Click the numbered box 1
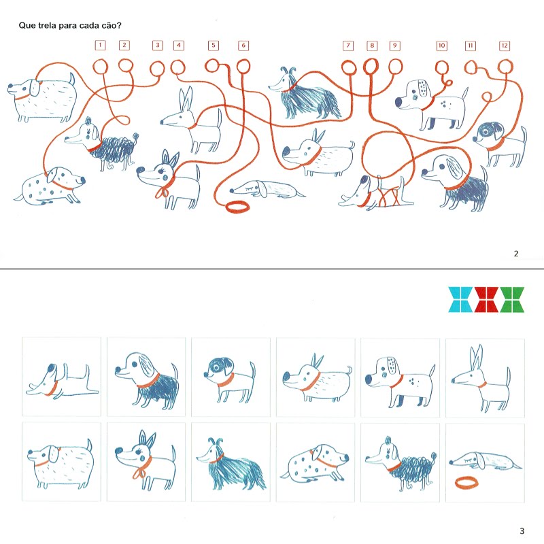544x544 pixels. click(100, 45)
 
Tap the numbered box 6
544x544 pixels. click(243, 46)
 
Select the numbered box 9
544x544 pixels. click(394, 46)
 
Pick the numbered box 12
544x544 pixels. click(505, 46)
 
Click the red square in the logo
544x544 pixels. click(486, 300)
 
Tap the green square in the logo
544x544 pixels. click(512, 300)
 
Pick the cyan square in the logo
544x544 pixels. click(460, 300)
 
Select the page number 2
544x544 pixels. click(516, 254)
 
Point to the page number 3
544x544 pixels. click(522, 531)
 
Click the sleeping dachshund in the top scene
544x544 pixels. click(267, 190)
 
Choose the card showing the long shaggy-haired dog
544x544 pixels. click(231, 462)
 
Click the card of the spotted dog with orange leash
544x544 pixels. click(316, 462)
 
